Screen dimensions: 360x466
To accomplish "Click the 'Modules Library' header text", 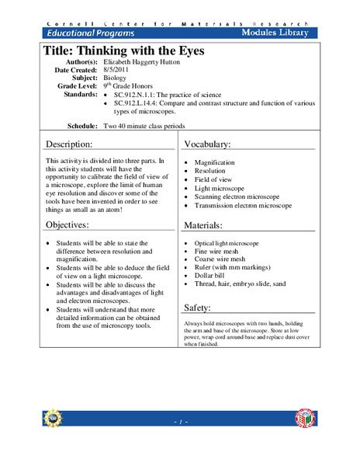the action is coord(275,33).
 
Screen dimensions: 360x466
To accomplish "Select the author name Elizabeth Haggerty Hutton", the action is coord(146,67).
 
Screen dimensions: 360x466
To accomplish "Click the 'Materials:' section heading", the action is coord(206,225).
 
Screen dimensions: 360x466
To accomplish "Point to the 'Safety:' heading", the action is coord(200,307).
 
